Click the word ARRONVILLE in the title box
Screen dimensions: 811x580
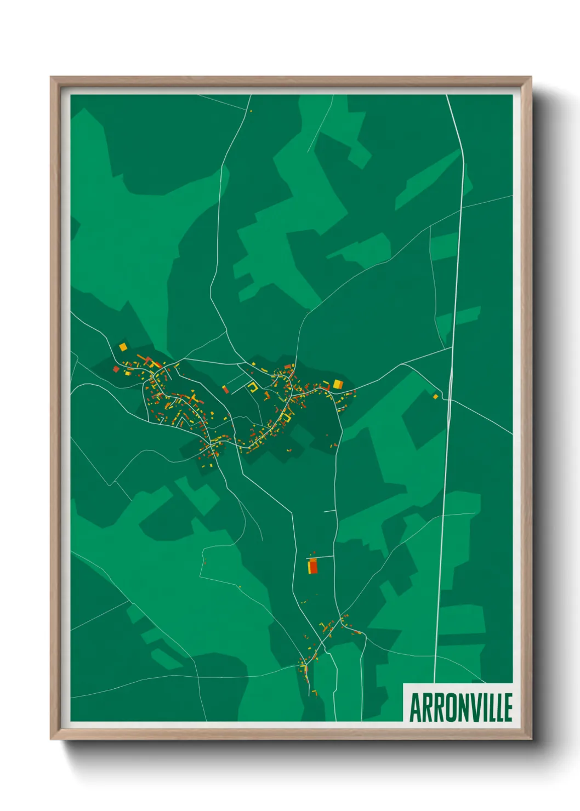point(460,707)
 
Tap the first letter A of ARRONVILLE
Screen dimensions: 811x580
point(415,707)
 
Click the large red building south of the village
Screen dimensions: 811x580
point(312,566)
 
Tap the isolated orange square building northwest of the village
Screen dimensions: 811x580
point(123,347)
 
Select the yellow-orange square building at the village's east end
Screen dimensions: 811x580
point(338,384)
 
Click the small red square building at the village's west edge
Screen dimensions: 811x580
point(116,369)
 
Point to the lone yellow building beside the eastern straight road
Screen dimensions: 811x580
point(436,396)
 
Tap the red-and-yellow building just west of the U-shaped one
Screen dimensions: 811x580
point(225,390)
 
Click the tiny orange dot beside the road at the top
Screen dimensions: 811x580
point(251,111)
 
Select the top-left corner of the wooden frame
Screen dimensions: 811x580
point(52,78)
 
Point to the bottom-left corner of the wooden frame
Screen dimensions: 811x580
point(52,739)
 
